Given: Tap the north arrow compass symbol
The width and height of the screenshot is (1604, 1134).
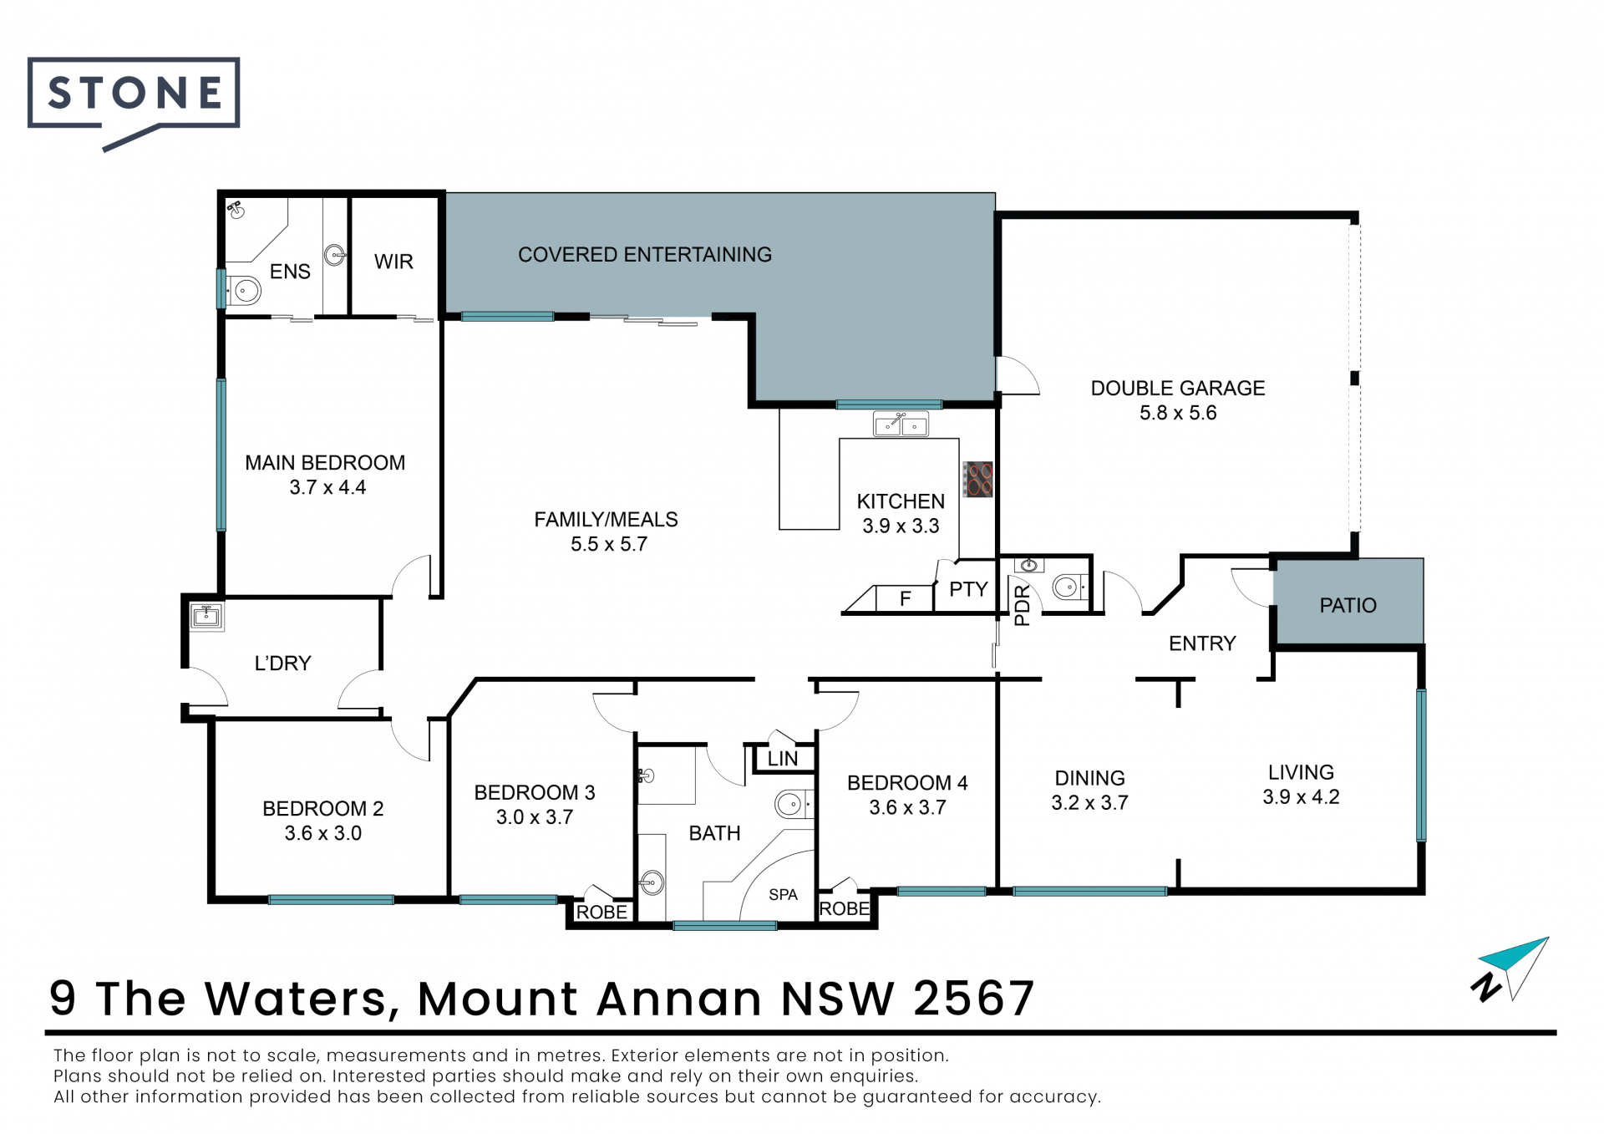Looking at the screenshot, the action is (x=1510, y=969).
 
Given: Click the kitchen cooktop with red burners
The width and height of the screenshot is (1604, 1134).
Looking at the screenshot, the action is (x=977, y=480).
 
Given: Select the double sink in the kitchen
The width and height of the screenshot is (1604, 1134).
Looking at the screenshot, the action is (x=901, y=425).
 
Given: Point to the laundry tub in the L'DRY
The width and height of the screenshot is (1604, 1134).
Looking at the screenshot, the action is (x=206, y=616).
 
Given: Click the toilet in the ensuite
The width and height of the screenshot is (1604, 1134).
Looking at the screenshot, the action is (x=244, y=291).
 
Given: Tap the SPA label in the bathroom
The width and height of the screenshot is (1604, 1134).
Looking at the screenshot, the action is (x=783, y=895).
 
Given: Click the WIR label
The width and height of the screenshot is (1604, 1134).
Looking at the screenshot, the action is (x=393, y=262).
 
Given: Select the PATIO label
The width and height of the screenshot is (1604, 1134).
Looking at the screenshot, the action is (x=1348, y=605).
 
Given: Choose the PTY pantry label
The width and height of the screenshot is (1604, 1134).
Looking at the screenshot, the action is (x=968, y=589).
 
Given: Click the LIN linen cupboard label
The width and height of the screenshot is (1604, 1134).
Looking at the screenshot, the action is (x=783, y=759).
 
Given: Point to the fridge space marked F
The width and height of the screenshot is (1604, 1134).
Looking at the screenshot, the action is (x=905, y=598).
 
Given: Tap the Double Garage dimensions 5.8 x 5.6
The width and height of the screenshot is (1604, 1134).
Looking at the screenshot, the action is (x=1178, y=413).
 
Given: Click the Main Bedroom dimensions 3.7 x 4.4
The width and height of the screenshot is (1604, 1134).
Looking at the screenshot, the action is (x=327, y=487).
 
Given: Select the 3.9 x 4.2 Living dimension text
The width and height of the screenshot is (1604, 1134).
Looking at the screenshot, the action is (x=1301, y=796).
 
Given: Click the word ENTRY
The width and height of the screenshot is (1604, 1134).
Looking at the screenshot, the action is (x=1202, y=643).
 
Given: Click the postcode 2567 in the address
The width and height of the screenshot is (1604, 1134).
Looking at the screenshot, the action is (x=974, y=998).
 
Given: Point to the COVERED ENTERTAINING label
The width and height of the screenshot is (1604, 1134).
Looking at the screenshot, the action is (x=645, y=255).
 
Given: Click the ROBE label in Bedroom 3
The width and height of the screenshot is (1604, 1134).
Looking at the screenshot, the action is (x=601, y=913).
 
